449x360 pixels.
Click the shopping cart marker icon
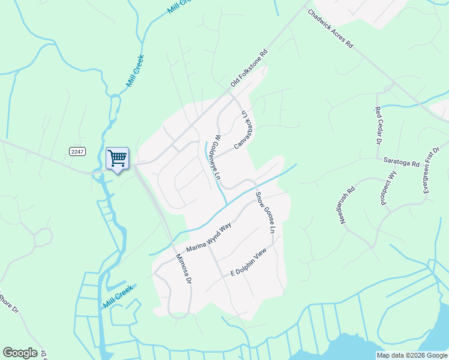tap(118, 159)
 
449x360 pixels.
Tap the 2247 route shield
tap(76, 151)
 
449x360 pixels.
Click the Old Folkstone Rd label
tap(249, 70)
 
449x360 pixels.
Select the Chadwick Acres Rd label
tap(331, 29)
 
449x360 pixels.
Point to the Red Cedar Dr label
tap(378, 125)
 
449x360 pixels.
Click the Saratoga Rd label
tap(402, 160)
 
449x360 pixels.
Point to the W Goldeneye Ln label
tap(217, 158)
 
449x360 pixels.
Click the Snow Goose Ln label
tap(265, 213)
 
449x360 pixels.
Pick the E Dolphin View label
tap(248, 265)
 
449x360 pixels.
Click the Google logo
tap(20, 353)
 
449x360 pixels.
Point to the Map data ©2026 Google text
tap(412, 355)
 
